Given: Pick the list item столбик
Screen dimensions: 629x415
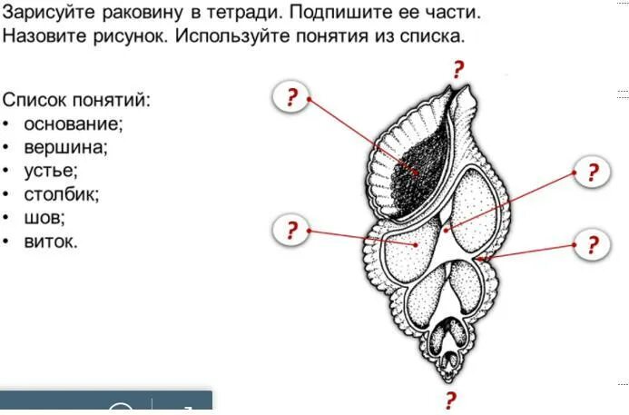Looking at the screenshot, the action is tap(62, 193).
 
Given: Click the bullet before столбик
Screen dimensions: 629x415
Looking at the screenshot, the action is tap(6, 193).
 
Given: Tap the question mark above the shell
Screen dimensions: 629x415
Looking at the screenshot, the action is tap(459, 69).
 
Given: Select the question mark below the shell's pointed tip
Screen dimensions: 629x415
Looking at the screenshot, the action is tap(450, 400).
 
